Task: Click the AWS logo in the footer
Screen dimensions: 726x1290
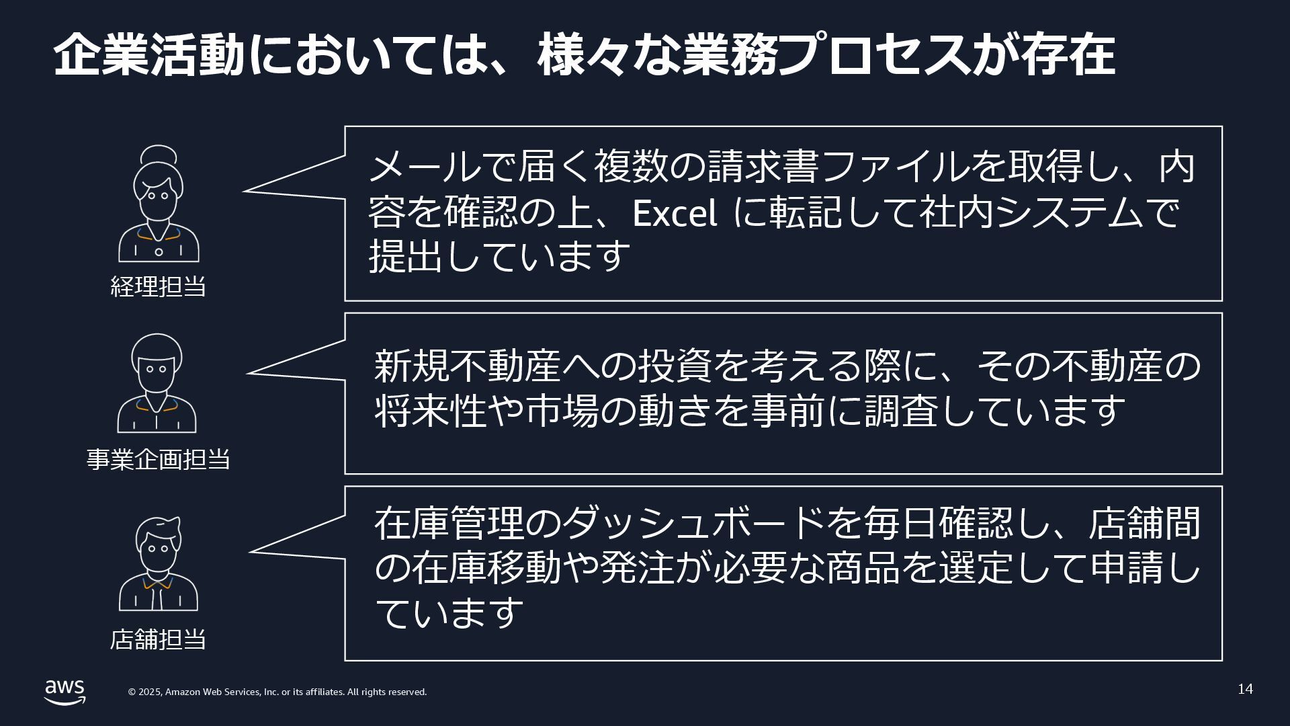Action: point(65,691)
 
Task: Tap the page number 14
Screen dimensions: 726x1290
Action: point(1245,689)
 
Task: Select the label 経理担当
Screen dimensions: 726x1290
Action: point(158,286)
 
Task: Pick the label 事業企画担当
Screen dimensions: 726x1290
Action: point(159,459)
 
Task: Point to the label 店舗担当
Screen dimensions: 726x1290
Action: point(158,639)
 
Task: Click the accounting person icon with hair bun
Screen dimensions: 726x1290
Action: point(159,204)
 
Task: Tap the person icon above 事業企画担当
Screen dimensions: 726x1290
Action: point(157,383)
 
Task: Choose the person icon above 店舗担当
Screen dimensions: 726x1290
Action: point(159,564)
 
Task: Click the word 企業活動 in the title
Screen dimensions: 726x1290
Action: point(148,55)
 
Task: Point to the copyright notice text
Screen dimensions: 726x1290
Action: point(277,692)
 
